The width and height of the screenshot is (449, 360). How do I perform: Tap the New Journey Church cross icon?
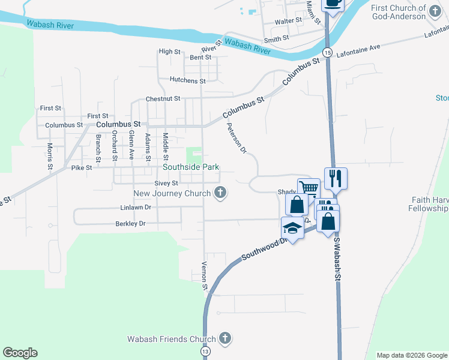[221, 193]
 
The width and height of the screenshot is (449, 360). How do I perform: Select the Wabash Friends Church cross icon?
[225, 338]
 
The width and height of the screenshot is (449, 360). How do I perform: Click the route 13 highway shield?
[206, 350]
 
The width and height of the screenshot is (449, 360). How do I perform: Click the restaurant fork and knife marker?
[336, 178]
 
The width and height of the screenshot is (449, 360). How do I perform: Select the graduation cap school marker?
[292, 227]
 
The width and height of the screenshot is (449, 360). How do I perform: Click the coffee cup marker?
[333, 3]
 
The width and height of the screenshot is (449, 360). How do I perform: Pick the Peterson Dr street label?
[237, 138]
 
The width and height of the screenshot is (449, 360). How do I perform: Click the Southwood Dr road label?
[262, 247]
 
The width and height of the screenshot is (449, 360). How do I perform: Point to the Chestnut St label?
[163, 99]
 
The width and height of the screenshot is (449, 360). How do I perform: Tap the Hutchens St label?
[187, 80]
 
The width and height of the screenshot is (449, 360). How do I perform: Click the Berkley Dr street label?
[130, 224]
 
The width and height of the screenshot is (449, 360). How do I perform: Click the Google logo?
[20, 353]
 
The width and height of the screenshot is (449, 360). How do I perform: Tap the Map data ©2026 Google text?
[412, 355]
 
